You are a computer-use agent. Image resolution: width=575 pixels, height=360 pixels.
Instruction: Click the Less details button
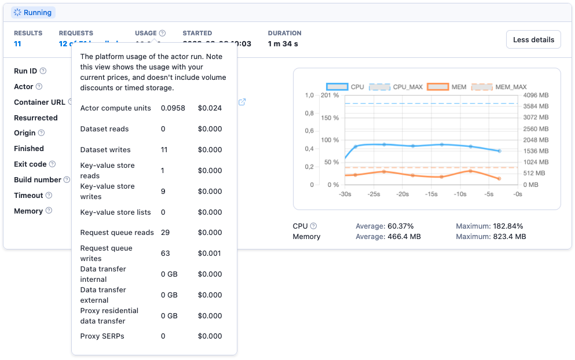click(533, 39)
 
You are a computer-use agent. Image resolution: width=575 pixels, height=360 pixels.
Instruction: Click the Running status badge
click(33, 12)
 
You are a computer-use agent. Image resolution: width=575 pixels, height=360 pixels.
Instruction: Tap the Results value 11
click(17, 43)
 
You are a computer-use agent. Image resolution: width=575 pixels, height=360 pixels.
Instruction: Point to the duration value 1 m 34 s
click(283, 43)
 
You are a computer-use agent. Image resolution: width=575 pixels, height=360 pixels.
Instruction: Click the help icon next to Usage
click(162, 33)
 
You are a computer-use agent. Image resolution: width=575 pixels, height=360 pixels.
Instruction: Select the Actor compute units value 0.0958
click(173, 108)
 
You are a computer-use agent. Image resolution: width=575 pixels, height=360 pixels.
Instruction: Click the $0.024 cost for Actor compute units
click(210, 108)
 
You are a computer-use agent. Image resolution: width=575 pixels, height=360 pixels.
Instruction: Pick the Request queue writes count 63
click(166, 254)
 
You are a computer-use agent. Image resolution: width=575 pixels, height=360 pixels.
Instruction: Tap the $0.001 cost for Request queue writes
click(210, 254)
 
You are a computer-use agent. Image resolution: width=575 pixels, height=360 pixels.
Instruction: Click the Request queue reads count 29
click(166, 233)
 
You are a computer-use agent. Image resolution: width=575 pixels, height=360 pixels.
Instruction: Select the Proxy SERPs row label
click(102, 336)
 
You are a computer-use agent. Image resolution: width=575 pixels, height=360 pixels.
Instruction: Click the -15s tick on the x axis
click(431, 194)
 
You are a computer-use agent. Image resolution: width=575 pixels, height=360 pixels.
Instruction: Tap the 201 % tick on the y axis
click(329, 95)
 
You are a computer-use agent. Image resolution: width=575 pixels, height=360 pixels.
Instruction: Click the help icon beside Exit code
click(52, 164)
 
